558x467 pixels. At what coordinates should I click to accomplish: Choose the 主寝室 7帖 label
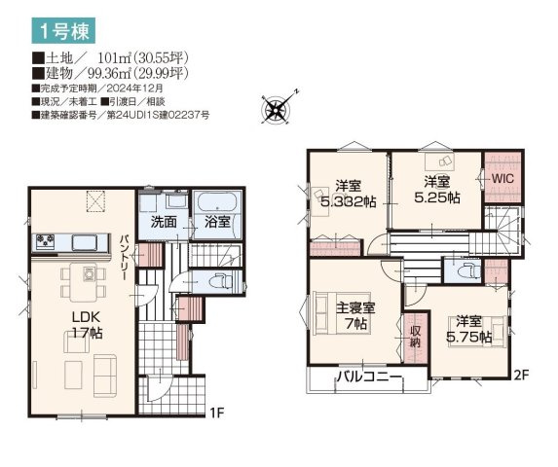[354, 316]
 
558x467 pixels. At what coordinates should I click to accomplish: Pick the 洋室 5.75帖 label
[467, 329]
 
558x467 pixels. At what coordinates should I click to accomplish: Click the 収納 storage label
[415, 336]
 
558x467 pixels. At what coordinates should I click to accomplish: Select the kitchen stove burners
[46, 240]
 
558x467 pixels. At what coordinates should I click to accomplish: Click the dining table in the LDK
[82, 281]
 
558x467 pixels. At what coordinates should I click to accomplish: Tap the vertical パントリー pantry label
[126, 256]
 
